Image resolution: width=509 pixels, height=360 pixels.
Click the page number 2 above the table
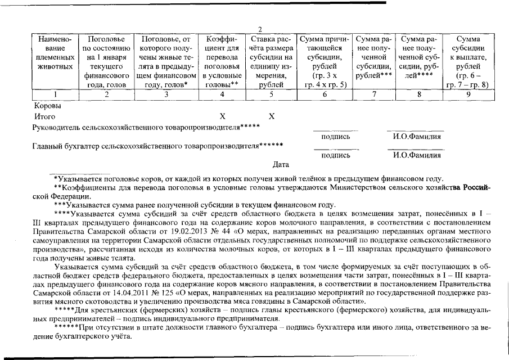click(260, 30)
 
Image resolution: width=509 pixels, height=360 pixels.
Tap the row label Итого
click(45, 116)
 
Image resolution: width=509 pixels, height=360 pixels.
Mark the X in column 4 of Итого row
click(222, 116)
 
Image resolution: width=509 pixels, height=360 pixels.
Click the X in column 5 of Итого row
click(272, 116)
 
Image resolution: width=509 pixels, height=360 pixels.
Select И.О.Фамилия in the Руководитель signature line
click(417, 137)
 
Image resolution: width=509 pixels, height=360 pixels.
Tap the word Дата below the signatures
click(281, 164)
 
